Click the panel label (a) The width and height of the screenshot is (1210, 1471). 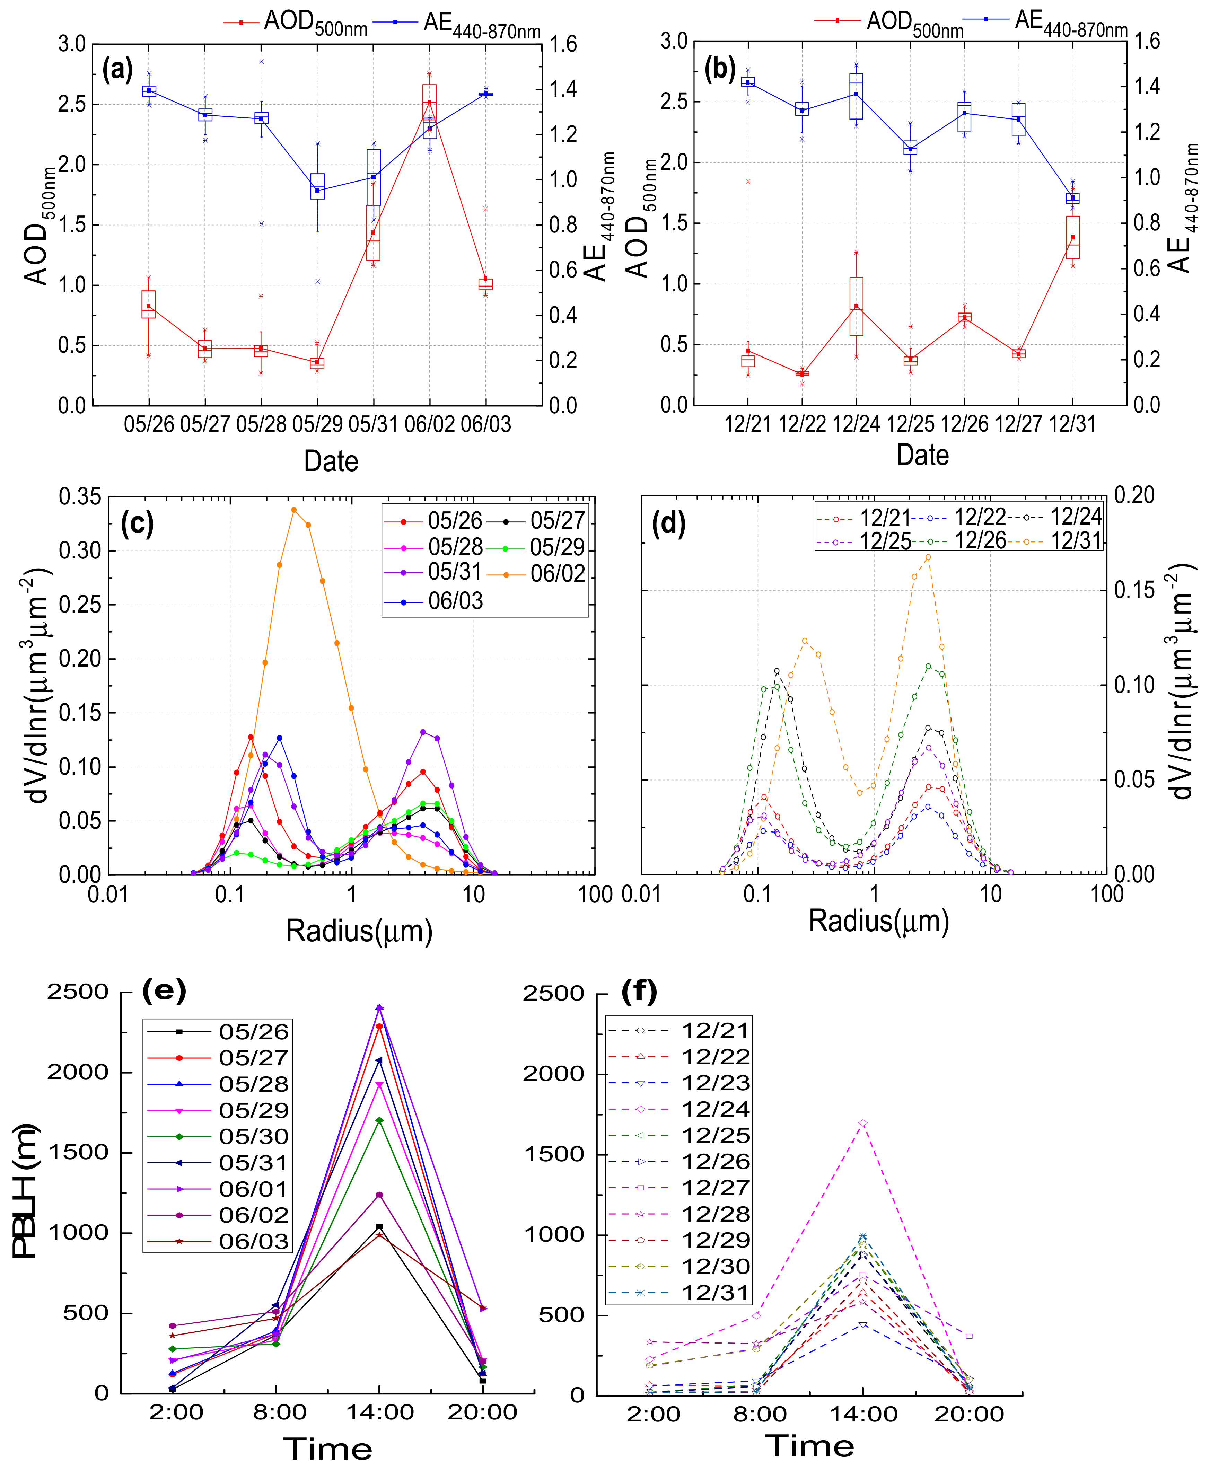pos(117,70)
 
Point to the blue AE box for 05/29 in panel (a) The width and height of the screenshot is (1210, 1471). pos(318,186)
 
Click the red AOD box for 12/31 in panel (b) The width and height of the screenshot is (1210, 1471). pos(1073,237)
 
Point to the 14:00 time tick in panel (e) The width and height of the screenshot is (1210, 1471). pos(380,1412)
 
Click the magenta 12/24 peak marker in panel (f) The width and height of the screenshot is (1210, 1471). pos(863,1123)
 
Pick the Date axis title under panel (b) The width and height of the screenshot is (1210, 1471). pos(922,455)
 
